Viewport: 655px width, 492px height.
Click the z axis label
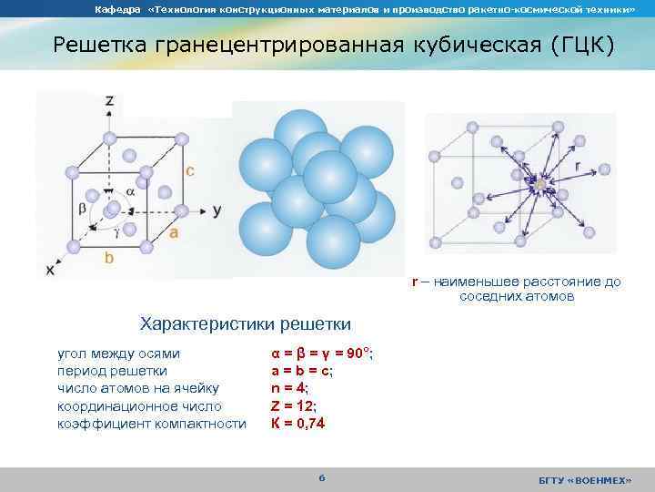point(109,100)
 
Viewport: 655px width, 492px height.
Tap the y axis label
point(217,210)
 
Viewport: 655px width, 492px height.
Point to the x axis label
point(50,271)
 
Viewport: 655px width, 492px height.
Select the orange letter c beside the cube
point(190,170)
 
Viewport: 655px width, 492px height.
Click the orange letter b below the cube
point(109,259)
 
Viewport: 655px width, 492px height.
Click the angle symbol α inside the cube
point(129,192)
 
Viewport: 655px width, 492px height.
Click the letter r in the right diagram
point(578,167)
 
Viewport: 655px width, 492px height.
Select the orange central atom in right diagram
point(539,184)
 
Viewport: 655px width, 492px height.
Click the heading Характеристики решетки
point(244,323)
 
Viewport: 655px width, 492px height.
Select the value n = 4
point(290,388)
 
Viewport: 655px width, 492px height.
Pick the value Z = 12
point(294,405)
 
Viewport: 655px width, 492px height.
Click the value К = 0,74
point(298,423)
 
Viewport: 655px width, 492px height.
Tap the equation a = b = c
point(302,371)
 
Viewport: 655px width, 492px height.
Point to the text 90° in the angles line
point(357,354)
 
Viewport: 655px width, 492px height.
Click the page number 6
point(321,479)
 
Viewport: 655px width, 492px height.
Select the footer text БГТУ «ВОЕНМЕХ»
point(584,480)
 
